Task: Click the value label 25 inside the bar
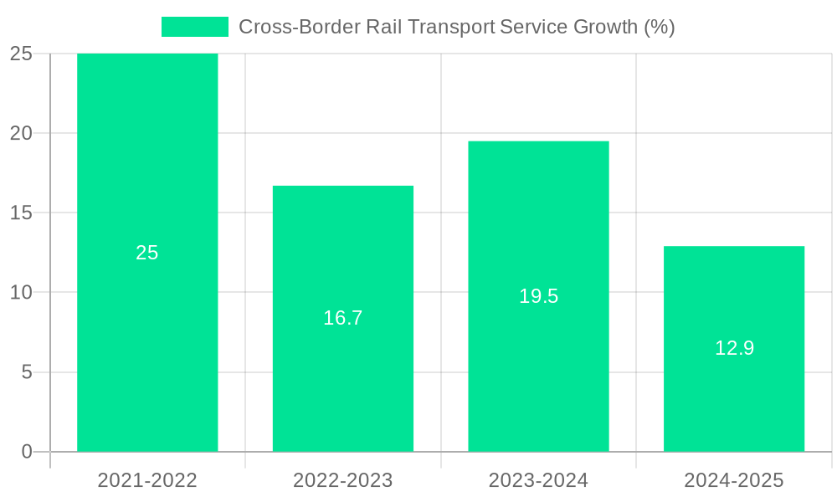(147, 253)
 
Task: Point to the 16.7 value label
(343, 318)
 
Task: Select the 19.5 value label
(538, 296)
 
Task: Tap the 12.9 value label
(734, 348)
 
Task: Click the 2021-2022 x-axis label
(147, 480)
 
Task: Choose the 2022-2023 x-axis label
(343, 480)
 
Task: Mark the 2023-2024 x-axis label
(538, 480)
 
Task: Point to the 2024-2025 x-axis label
(734, 480)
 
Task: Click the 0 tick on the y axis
(26, 452)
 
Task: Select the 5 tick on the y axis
(26, 372)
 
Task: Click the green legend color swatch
(194, 27)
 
